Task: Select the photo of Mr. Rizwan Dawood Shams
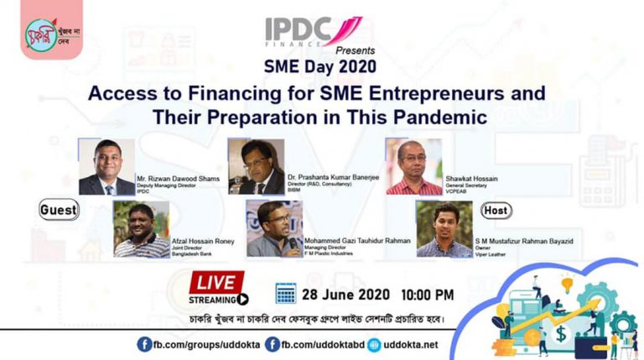106,167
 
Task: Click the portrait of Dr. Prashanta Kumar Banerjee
256,167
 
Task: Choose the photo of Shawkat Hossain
413,167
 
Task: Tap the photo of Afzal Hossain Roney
142,230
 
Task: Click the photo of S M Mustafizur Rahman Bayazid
444,228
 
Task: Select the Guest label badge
59,211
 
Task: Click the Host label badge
496,210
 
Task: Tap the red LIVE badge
217,281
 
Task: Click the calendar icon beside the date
286,293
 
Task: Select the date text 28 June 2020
345,295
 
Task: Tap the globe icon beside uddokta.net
374,345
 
